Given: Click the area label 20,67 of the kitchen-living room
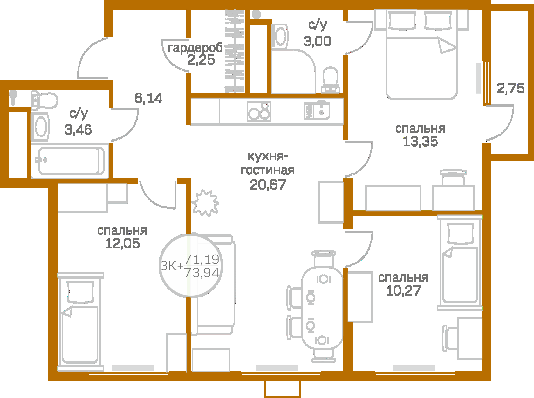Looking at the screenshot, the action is point(268,185).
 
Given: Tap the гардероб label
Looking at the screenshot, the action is point(195,48).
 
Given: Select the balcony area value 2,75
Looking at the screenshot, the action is point(510,88).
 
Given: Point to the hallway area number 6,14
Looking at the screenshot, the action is point(148,98).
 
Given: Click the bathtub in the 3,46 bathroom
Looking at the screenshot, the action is point(71,161).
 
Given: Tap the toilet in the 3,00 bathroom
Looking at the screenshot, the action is point(330,80).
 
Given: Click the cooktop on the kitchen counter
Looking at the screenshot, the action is point(259,111).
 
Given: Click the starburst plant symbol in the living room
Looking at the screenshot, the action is point(205,203).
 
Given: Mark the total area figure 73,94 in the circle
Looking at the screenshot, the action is point(202,273).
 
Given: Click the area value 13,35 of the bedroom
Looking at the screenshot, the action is point(420,142).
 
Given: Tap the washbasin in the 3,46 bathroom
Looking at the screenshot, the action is point(40,127).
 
